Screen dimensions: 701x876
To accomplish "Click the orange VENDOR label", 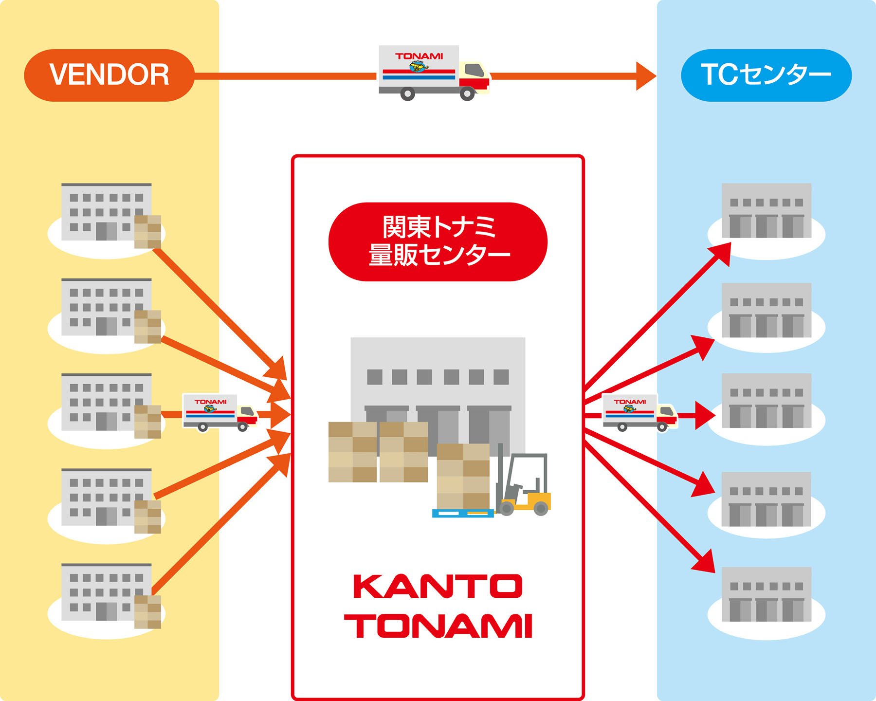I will [x=109, y=75].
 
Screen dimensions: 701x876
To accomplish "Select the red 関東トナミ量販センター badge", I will [x=438, y=241].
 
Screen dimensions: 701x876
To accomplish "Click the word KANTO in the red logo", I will [x=438, y=586].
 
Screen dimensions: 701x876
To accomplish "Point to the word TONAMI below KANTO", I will [x=438, y=626].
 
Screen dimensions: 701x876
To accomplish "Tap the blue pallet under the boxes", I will [x=462, y=513].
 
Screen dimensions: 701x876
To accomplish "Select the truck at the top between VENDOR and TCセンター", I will [x=433, y=73].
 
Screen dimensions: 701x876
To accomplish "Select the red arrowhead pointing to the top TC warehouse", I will [x=722, y=252].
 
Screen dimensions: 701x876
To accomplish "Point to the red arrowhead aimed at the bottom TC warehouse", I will [x=705, y=562].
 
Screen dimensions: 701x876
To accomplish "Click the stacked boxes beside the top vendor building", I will [x=147, y=232].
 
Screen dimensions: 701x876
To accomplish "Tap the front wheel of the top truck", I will [x=467, y=93].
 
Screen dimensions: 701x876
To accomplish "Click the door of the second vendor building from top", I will [x=106, y=326].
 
